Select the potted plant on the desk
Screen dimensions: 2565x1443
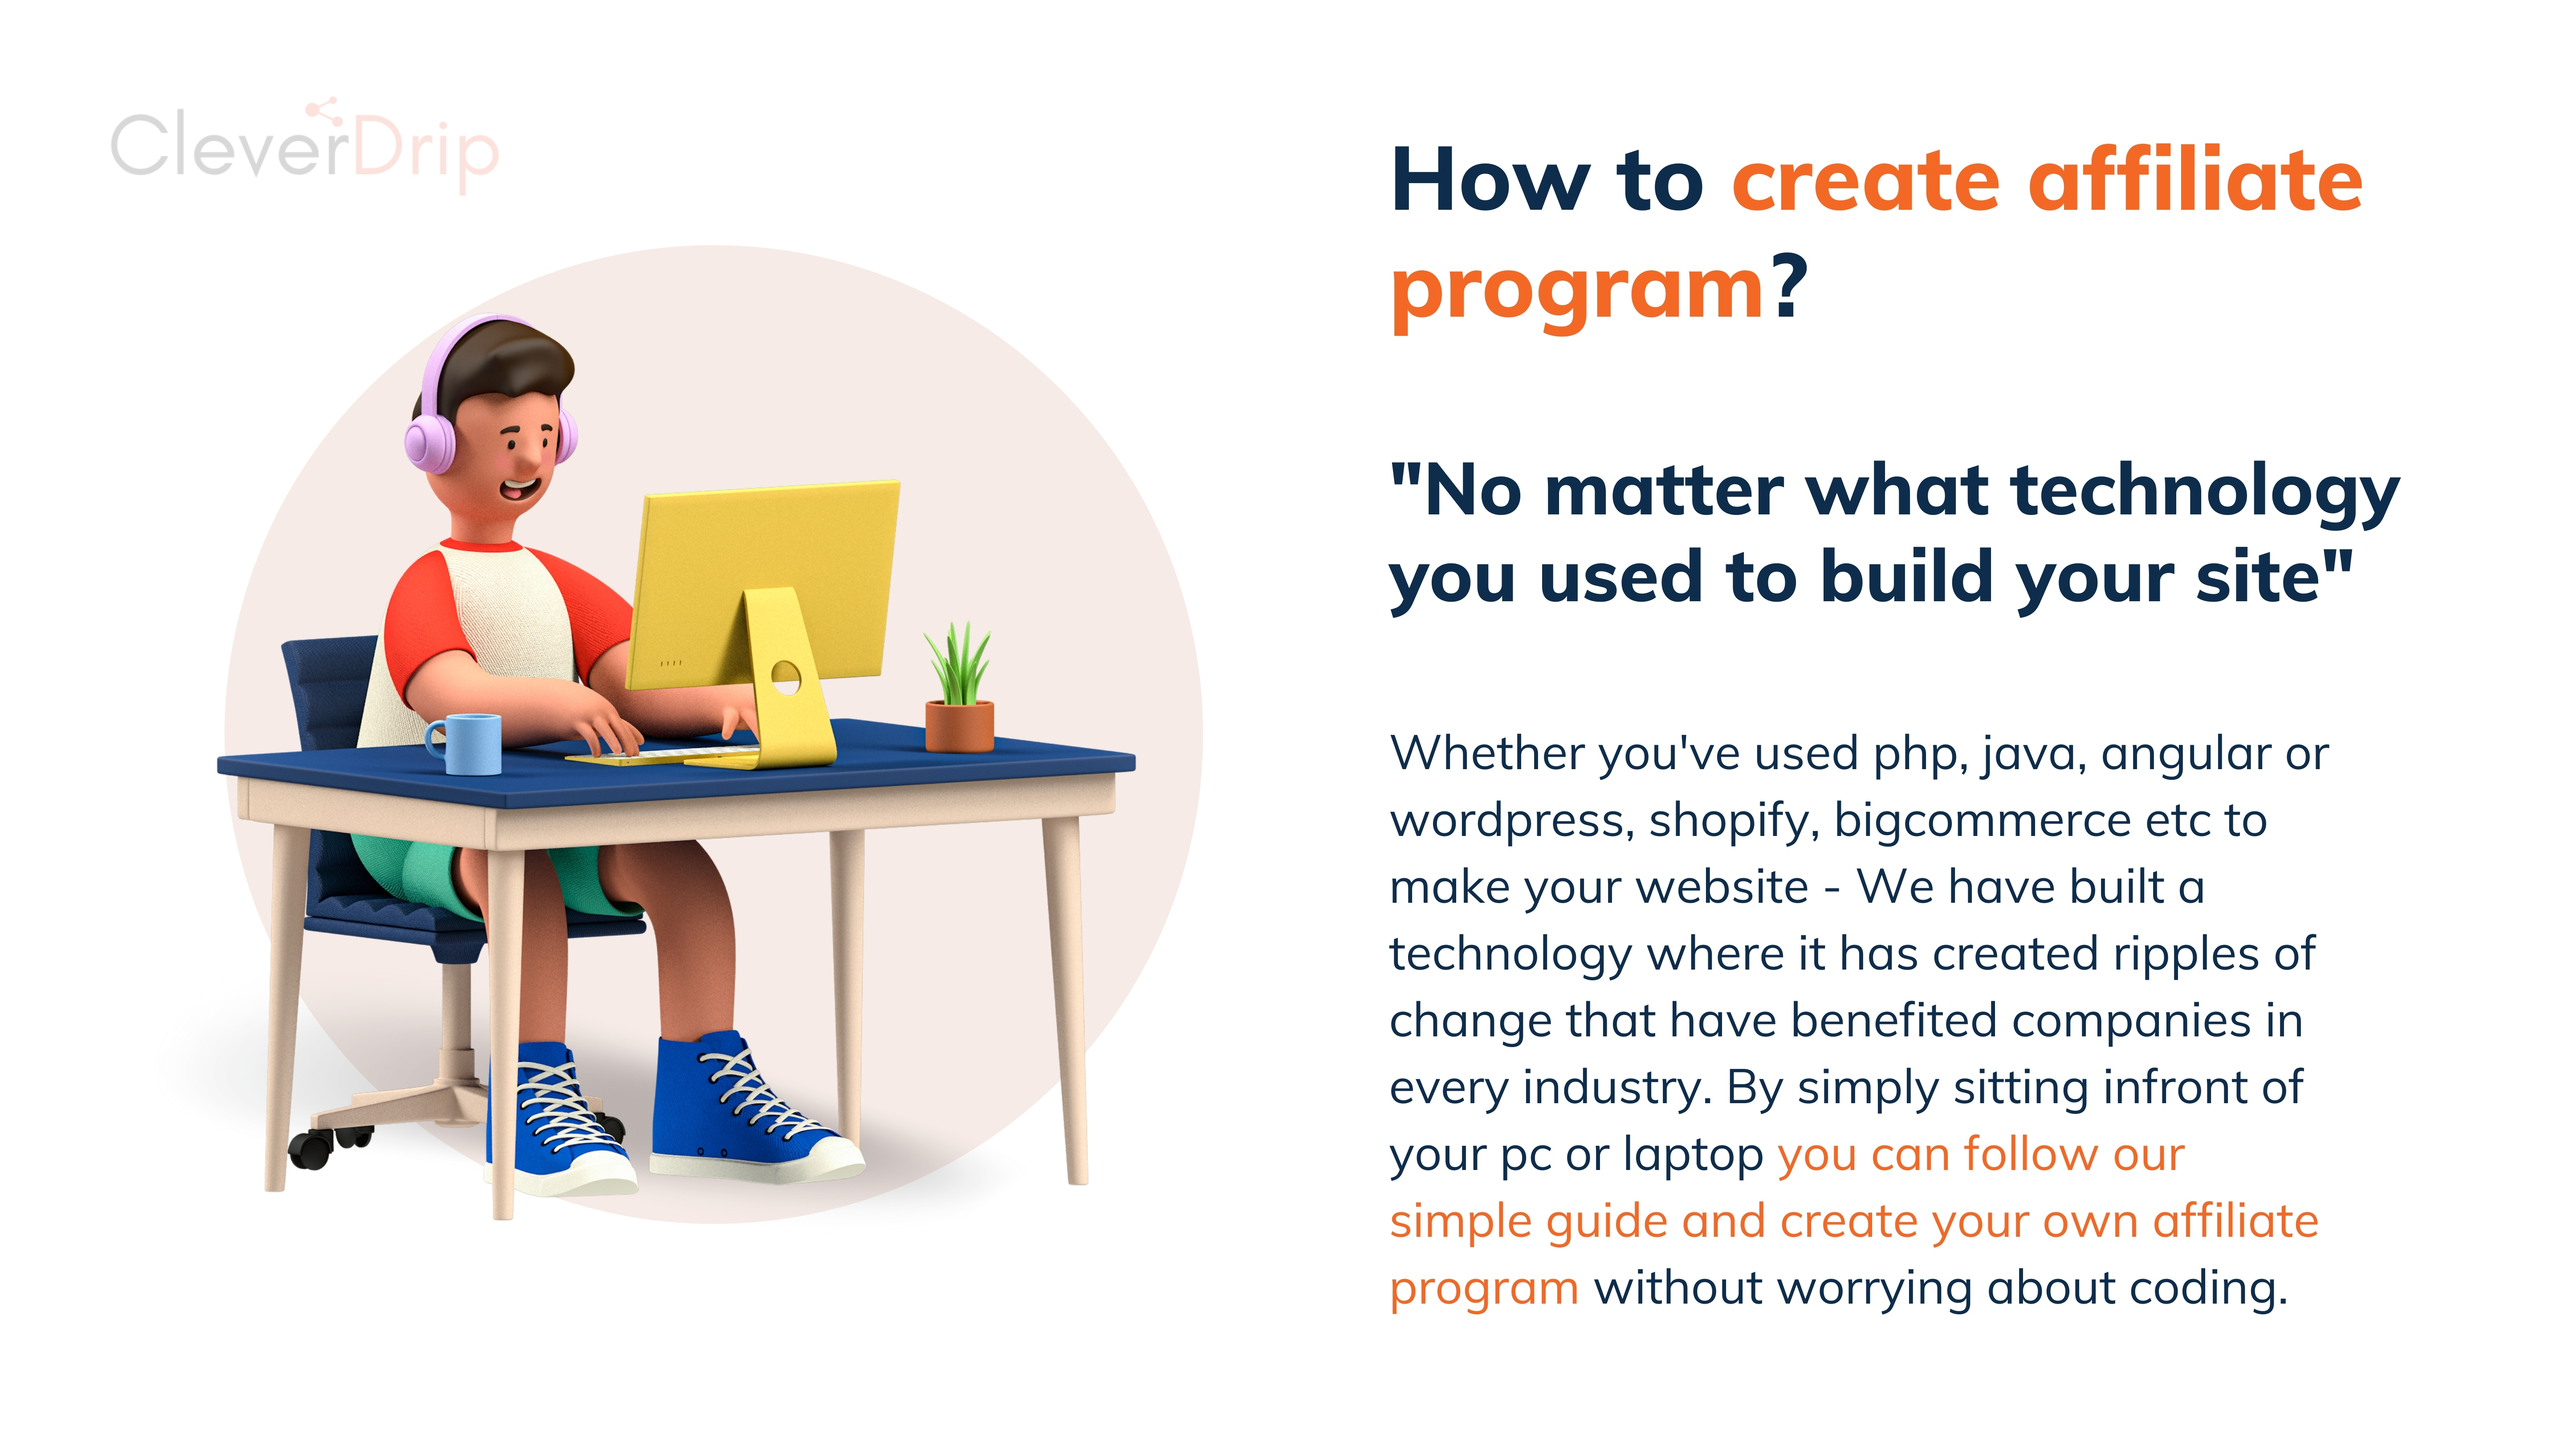[x=959, y=687]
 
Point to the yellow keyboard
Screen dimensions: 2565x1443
[x=662, y=757]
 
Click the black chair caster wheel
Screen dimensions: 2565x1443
[x=312, y=1150]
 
